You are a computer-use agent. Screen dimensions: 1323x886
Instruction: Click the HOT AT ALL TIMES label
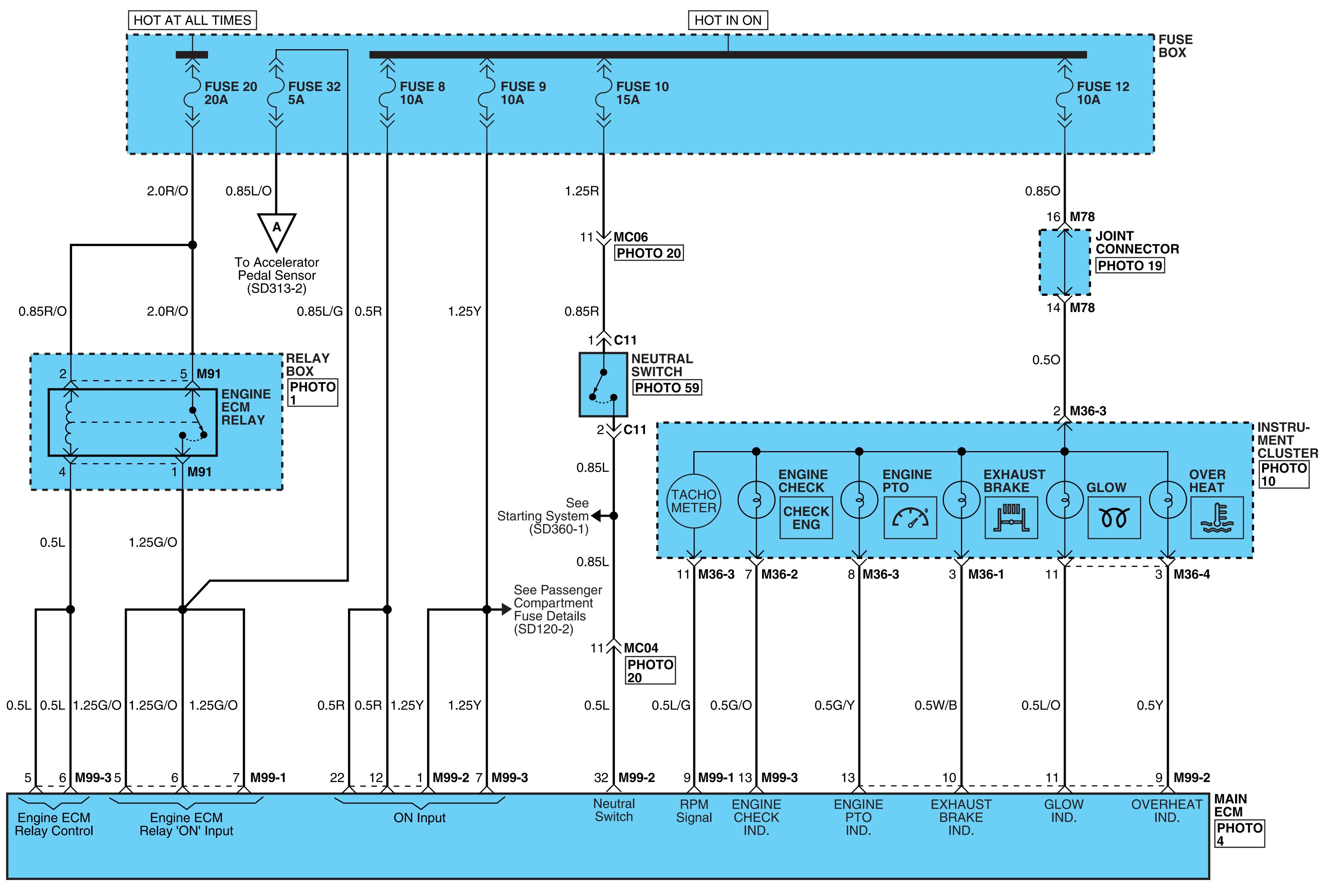coord(192,20)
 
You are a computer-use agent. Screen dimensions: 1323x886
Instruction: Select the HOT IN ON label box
coord(728,20)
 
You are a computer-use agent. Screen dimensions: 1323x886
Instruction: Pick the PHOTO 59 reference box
coord(666,388)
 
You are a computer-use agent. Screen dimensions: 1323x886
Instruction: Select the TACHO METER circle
coord(694,501)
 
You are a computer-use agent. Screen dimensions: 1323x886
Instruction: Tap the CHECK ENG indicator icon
coord(806,517)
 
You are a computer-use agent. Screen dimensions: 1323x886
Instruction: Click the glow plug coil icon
coord(1114,517)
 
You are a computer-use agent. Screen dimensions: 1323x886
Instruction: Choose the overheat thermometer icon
coord(1217,517)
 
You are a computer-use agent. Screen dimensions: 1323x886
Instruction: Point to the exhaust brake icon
coord(1011,517)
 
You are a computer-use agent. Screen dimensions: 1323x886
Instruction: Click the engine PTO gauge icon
coord(910,517)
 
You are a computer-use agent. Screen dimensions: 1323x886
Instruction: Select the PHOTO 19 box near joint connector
coord(1130,266)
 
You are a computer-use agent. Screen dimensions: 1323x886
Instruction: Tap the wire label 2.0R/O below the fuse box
coord(167,191)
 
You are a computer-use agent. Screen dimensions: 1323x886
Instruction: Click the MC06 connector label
coord(630,237)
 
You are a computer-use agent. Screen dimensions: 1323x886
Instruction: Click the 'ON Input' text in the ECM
coord(420,818)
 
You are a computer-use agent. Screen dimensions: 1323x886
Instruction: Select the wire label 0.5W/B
coord(935,705)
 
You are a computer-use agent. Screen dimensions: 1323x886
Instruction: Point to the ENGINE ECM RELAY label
coord(246,407)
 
